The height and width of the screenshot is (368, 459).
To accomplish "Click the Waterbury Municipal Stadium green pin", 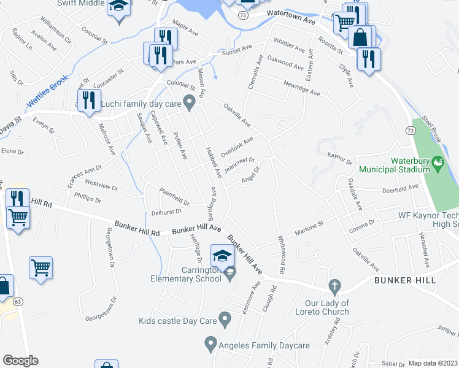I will point(437,164).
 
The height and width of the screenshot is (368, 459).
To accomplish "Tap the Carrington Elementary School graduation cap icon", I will point(222,255).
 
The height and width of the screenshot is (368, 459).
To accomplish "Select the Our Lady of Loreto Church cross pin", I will point(334,286).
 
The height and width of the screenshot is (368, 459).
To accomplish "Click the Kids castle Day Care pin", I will point(225,318).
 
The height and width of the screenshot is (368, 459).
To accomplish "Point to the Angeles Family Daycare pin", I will point(210,343).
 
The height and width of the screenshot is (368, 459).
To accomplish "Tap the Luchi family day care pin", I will point(190,102).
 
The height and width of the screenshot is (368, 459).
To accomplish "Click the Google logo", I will point(20,361).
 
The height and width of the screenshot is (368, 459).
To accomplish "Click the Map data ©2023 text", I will point(432,363).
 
